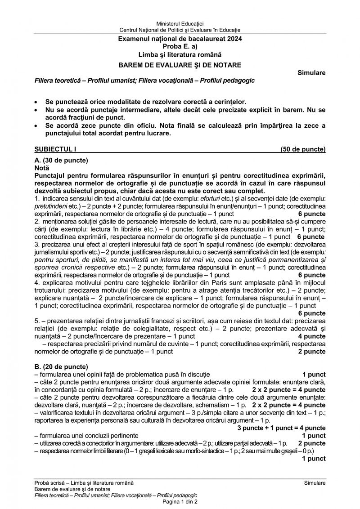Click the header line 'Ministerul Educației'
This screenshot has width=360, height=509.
pyautogui.click(x=180, y=23)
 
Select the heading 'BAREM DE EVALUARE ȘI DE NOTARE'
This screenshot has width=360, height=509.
pyautogui.click(x=180, y=65)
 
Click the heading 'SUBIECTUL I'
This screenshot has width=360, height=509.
pyautogui.click(x=53, y=149)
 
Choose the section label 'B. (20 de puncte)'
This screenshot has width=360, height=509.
pyautogui.click(x=61, y=366)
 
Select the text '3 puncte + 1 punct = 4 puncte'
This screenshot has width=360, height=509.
pyautogui.click(x=281, y=427)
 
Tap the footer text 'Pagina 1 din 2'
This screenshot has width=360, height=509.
pyautogui.click(x=180, y=501)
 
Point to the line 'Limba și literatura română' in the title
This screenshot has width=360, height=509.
pyautogui.click(x=180, y=55)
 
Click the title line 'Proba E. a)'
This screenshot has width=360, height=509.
pyautogui.click(x=180, y=47)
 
